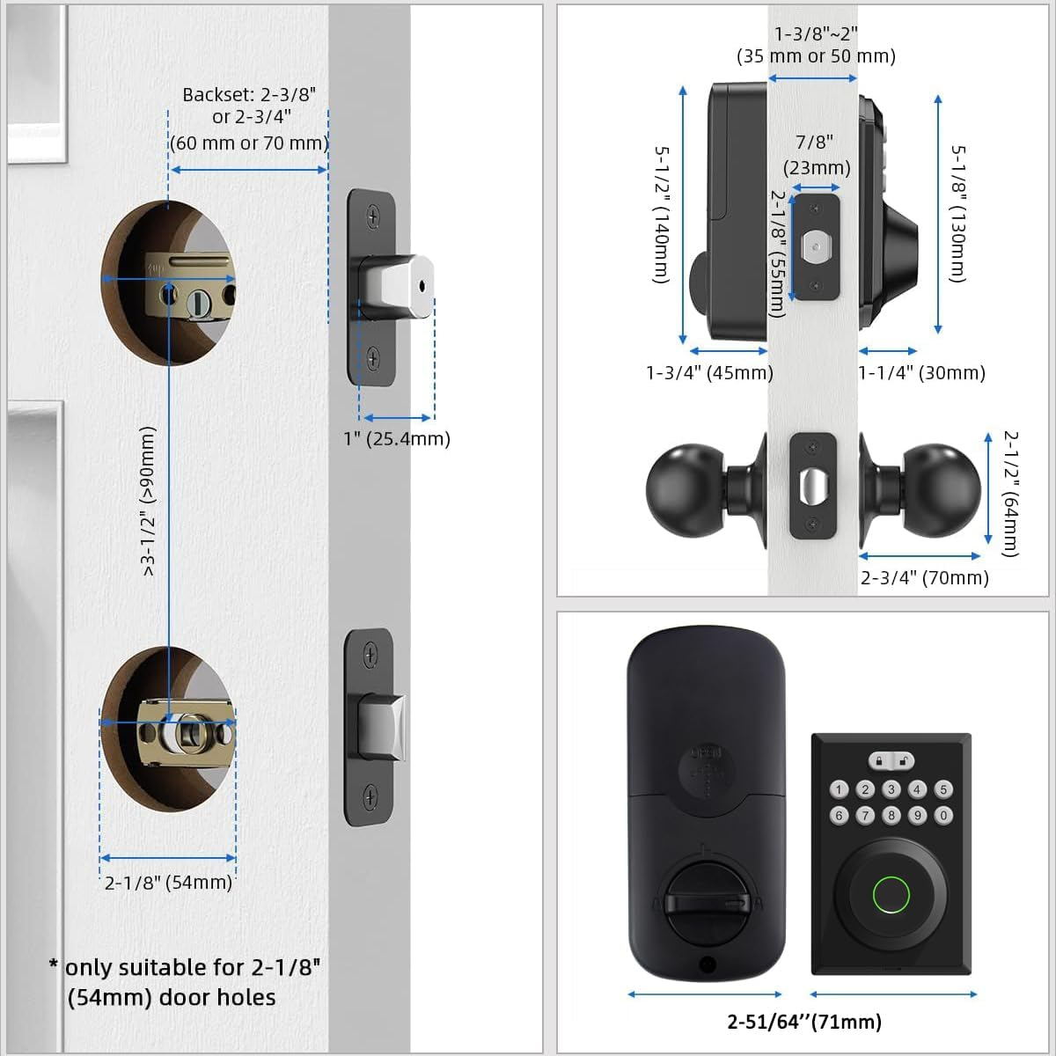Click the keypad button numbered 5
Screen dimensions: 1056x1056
[x=943, y=789]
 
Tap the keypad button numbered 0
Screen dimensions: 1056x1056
[x=943, y=816]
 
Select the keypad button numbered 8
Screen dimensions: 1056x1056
[x=891, y=816]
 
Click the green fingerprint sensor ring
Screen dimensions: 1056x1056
[x=891, y=896]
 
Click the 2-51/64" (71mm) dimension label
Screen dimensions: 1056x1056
[x=803, y=1022]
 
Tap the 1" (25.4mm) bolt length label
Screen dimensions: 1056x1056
[x=396, y=438]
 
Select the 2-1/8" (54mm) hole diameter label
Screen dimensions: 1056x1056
[x=168, y=882]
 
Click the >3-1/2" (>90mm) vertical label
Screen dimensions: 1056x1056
[x=148, y=501]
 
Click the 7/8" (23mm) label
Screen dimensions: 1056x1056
[x=816, y=154]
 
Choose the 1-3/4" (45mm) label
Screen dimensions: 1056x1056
[x=709, y=372]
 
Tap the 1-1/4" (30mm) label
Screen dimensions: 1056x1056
[x=921, y=372]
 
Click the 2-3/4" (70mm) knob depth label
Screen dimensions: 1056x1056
[x=924, y=577]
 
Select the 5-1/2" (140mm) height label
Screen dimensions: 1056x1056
[x=662, y=214]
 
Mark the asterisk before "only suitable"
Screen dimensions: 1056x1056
[x=55, y=965]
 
